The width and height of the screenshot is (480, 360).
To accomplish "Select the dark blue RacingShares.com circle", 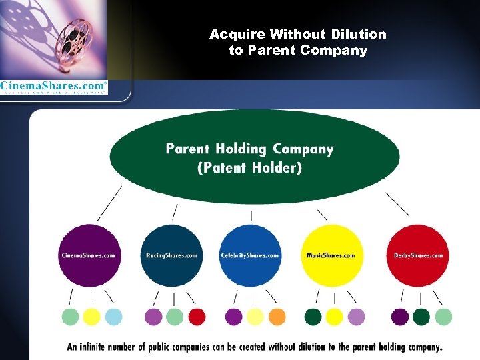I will point(172,255).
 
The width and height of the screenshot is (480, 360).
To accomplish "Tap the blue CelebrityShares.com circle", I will point(251,255).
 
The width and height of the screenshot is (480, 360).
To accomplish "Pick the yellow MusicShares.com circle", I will point(331,255).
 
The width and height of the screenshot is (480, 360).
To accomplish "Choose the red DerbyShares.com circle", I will point(417,255).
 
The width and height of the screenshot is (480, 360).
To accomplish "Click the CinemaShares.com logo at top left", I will point(53,86).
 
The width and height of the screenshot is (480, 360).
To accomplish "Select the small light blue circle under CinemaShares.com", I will point(113,316).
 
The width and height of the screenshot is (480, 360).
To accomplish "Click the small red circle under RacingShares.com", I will point(197,316).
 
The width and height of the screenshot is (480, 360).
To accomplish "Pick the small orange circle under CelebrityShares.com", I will point(277,316).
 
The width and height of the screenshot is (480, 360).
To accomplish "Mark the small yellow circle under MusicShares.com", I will point(335,316).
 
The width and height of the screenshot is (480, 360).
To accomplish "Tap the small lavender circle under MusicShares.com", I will point(356,316).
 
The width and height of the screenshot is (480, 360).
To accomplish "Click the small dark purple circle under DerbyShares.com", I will point(400,316).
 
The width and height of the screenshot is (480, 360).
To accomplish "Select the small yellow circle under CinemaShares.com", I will point(92,316).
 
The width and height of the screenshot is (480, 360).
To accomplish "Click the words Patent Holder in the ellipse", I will point(250,168).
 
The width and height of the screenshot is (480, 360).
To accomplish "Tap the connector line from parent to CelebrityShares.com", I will point(251,215).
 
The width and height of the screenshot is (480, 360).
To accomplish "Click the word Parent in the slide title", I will point(271,51).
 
